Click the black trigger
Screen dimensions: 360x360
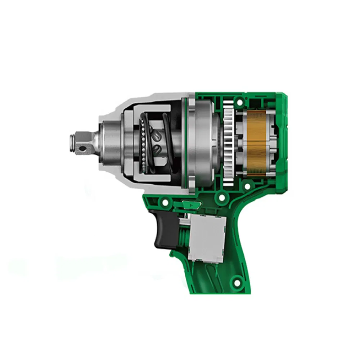(x=164, y=229)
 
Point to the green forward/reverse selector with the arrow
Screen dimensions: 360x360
(x=190, y=205)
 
